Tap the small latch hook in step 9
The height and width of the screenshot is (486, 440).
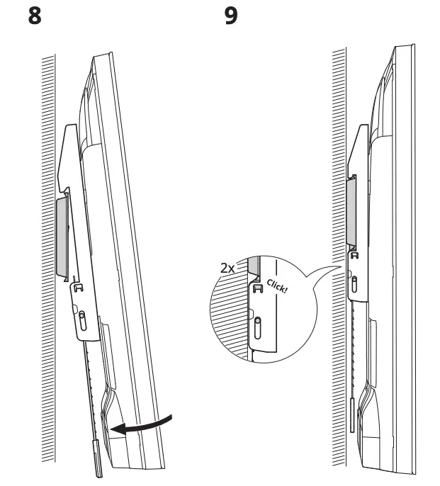click(x=354, y=254)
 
